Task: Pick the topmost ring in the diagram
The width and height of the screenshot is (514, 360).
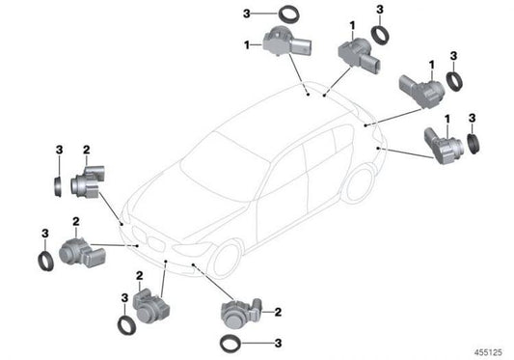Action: click(261, 14)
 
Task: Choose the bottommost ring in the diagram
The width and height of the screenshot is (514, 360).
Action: click(231, 344)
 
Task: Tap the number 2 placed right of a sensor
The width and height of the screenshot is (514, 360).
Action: click(277, 312)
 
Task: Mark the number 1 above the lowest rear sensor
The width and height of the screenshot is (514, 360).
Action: click(446, 119)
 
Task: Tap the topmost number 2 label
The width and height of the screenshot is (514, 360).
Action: click(86, 150)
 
